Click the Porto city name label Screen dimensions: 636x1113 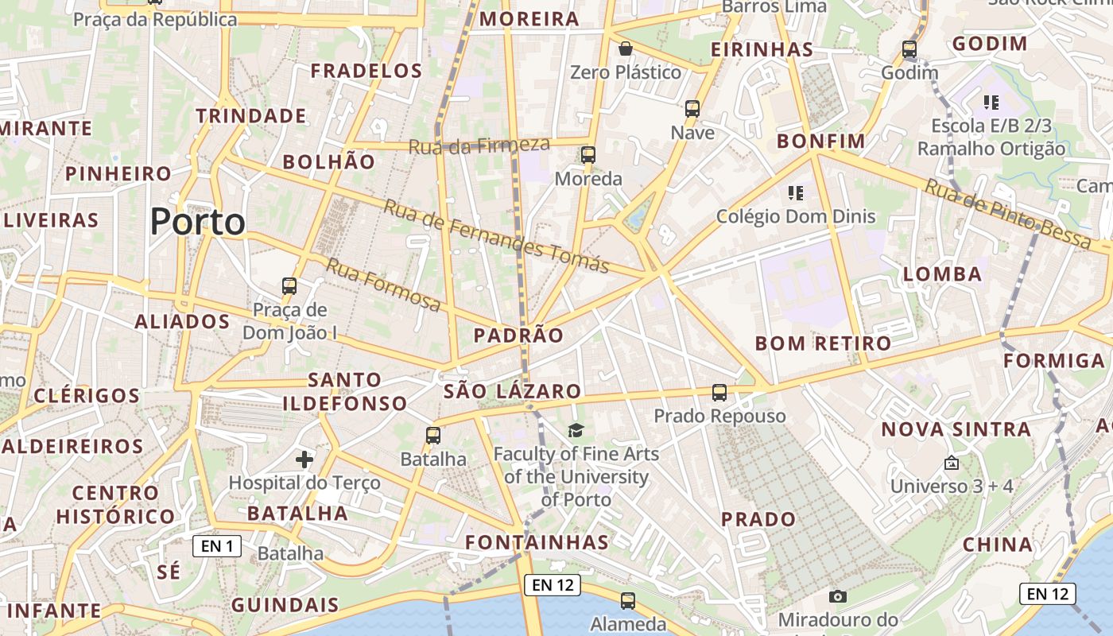197,222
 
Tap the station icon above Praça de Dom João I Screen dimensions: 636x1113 289,285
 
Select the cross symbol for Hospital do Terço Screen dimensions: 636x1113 304,459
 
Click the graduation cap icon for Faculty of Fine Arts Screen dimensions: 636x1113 576,430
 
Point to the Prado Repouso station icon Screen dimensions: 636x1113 719,392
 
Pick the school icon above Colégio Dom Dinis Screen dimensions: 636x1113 795,192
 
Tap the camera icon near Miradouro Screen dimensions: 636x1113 837,596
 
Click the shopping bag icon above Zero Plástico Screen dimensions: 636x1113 626,49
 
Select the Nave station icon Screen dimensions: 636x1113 692,108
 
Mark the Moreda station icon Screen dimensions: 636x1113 588,154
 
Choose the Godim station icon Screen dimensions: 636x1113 909,49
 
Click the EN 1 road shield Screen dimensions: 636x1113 216,546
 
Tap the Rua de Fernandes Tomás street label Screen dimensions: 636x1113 496,236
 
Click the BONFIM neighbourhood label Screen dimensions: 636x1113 821,142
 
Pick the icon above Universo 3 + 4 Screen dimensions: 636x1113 952,462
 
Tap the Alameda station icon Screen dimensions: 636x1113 628,600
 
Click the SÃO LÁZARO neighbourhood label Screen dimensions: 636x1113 513,391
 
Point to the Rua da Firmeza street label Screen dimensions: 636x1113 479,145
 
